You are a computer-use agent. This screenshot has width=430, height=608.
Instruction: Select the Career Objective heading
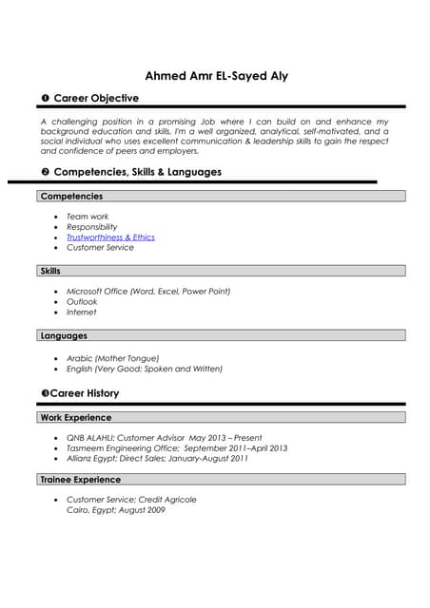coord(95,98)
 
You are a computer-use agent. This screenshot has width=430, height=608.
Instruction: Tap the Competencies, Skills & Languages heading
coord(137,172)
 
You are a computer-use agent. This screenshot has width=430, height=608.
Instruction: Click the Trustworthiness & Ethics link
coord(110,237)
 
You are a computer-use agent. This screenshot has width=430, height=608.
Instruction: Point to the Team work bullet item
coord(88,217)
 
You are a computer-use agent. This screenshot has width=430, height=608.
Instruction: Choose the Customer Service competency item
coord(100,248)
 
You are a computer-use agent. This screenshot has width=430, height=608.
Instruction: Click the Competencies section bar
coord(222,197)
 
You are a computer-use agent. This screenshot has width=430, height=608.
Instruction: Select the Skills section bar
coord(222,271)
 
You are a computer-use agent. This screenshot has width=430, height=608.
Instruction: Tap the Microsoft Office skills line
coord(148,291)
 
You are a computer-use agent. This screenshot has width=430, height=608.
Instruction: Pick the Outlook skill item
coord(82,301)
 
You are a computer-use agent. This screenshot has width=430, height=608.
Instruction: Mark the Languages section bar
coord(222,335)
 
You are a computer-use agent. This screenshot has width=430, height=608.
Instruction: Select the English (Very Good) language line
coord(144,369)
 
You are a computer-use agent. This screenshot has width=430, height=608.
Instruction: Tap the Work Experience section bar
coord(222,417)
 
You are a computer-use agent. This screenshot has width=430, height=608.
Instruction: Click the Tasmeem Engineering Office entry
coord(177,447)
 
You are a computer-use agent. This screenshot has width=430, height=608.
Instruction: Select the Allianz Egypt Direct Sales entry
coord(157,458)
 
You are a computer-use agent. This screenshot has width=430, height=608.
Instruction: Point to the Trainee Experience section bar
coord(222,480)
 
